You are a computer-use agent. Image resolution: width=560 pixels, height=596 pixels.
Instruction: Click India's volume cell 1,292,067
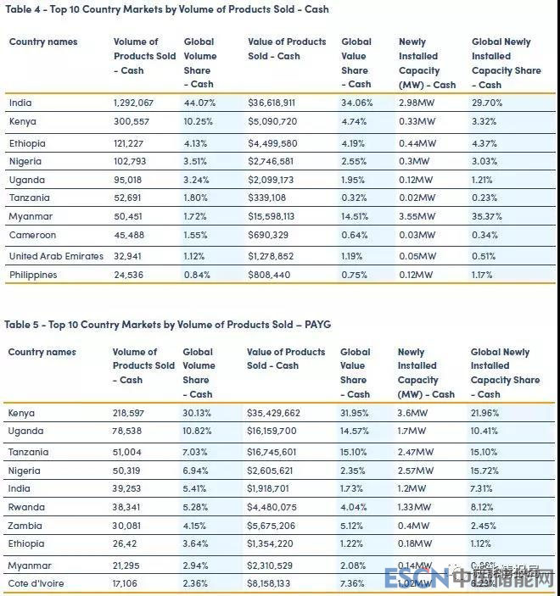(x=133, y=103)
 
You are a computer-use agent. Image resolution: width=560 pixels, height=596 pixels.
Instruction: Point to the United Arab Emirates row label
(x=55, y=256)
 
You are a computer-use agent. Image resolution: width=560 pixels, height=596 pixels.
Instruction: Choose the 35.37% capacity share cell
(x=489, y=215)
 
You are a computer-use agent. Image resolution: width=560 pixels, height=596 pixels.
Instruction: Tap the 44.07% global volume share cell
(x=200, y=103)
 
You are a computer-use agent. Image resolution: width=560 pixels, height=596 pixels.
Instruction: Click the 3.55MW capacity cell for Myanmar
(x=417, y=215)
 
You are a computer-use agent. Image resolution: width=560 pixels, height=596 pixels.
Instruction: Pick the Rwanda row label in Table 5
(x=26, y=507)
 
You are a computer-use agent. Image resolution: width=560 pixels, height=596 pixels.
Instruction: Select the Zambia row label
(x=25, y=526)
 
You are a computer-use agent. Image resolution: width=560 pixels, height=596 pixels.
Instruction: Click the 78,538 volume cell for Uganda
(x=129, y=432)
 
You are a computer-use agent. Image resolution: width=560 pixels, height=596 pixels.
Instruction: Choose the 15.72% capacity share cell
(x=488, y=470)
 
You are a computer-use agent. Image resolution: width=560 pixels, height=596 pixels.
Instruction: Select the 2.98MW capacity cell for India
(x=417, y=103)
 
